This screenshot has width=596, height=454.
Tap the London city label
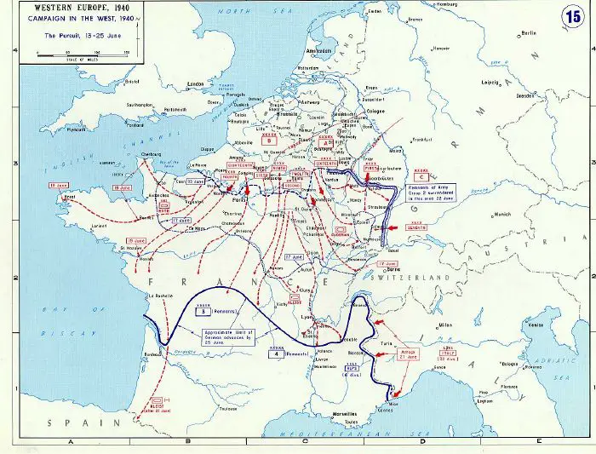click(x=196, y=83)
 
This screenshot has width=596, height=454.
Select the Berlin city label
click(x=528, y=33)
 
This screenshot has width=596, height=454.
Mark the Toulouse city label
click(x=225, y=408)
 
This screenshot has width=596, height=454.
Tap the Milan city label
click(x=445, y=325)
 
